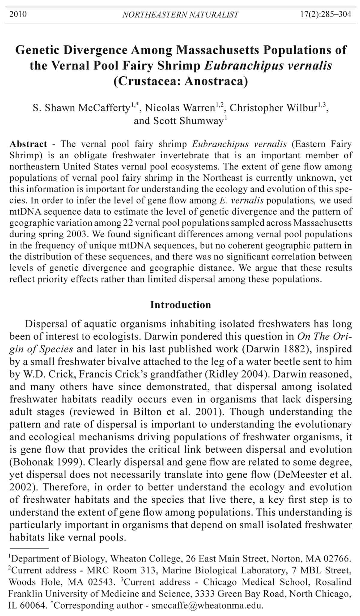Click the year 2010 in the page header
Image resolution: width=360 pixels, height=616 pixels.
[x=18, y=14]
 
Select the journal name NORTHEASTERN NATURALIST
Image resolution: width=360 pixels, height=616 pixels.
[x=181, y=15]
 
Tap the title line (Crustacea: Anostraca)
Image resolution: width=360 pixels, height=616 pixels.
[x=181, y=81]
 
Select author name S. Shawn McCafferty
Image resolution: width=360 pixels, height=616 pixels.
[x=81, y=108]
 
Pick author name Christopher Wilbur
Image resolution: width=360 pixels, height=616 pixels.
[x=273, y=108]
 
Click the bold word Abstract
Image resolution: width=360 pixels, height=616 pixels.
[x=28, y=144]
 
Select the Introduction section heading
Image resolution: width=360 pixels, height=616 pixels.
[x=181, y=305]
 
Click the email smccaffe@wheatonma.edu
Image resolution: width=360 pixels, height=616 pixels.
[x=207, y=606]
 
